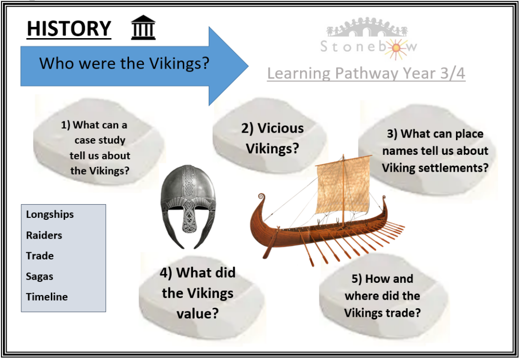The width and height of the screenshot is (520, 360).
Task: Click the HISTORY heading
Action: pyautogui.click(x=69, y=28)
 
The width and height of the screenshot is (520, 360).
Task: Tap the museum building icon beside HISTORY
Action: pyautogui.click(x=143, y=27)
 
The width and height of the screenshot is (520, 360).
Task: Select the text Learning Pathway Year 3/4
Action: pyautogui.click(x=366, y=73)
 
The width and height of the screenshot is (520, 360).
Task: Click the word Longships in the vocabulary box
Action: pyautogui.click(x=50, y=214)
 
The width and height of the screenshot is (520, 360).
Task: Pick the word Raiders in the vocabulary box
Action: pyautogui.click(x=44, y=235)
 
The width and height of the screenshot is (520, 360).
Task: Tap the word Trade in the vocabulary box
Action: pyautogui.click(x=40, y=255)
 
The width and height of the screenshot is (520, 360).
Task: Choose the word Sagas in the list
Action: pyautogui.click(x=40, y=276)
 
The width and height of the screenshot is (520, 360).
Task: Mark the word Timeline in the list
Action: pyautogui.click(x=47, y=297)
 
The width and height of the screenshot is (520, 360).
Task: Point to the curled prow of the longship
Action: pyautogui.click(x=262, y=198)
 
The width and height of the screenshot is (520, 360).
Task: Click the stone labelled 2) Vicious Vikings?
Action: pyautogui.click(x=271, y=136)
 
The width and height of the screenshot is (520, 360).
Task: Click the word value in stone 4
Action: pyautogui.click(x=198, y=313)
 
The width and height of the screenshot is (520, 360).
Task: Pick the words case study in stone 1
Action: pyautogui.click(x=100, y=140)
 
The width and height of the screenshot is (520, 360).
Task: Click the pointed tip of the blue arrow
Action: pyautogui.click(x=248, y=66)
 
